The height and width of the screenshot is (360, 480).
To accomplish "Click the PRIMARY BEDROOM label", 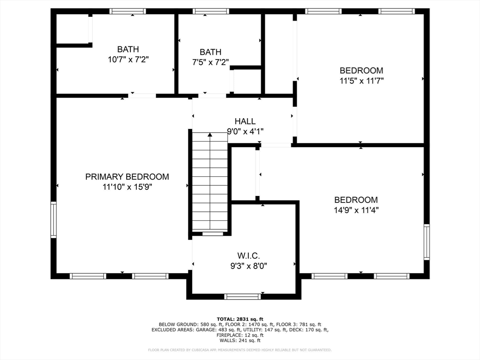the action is click(x=127, y=177).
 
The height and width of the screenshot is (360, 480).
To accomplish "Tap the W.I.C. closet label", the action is click(x=248, y=255).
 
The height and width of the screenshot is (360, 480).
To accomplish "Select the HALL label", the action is click(x=245, y=121).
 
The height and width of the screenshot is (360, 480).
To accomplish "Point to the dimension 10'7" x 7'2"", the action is click(x=128, y=60).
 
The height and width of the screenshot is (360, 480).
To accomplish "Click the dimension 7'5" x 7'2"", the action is click(x=210, y=62).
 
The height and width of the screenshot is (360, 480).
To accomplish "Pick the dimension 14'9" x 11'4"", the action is click(x=356, y=210).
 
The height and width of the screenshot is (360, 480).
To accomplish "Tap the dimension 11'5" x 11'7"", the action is click(x=361, y=81).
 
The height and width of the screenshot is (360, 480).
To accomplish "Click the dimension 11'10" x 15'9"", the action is click(x=127, y=187).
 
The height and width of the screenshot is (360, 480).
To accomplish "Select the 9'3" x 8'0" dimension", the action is click(x=248, y=266).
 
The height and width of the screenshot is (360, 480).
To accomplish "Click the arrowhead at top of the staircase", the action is click(x=210, y=135).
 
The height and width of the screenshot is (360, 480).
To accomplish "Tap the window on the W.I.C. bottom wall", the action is click(x=242, y=296).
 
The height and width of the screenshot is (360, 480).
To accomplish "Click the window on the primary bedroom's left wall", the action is click(x=53, y=219).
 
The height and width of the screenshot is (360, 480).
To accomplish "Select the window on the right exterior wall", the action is click(x=427, y=242).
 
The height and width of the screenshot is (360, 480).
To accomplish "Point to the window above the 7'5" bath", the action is click(x=211, y=11).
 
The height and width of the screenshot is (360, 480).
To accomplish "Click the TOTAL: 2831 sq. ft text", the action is click(x=240, y=319).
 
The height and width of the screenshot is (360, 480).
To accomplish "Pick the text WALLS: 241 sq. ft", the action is click(x=240, y=340).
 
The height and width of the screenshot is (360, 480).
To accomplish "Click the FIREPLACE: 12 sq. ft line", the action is click(x=240, y=335).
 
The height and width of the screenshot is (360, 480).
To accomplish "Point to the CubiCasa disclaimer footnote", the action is click(x=240, y=350).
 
